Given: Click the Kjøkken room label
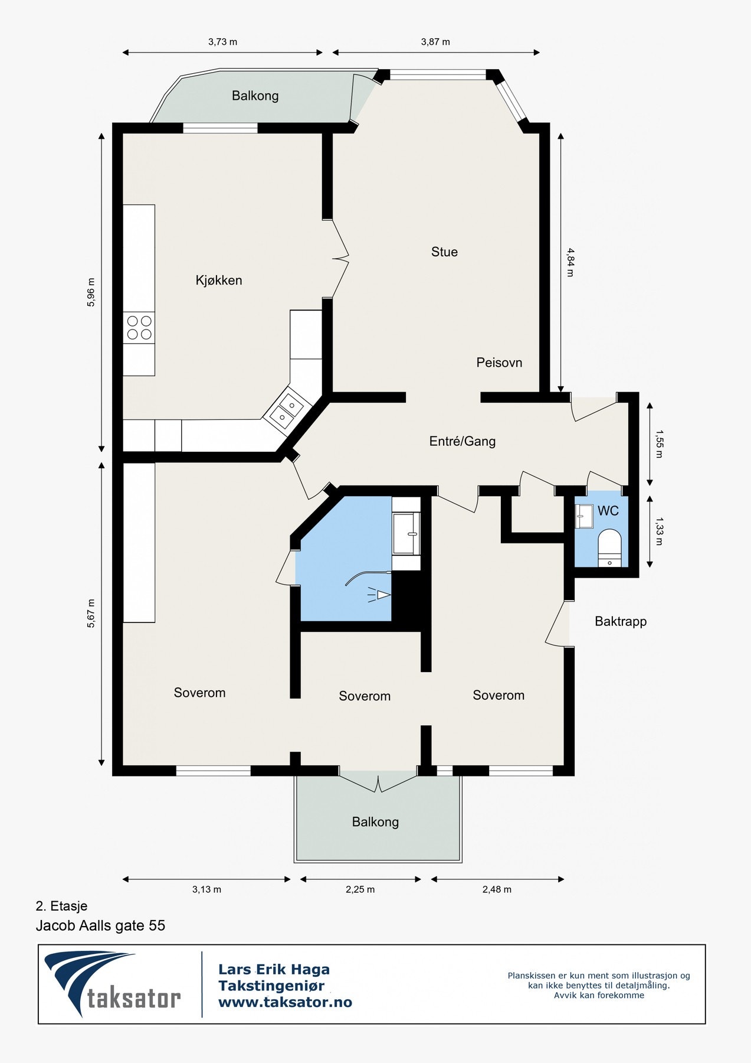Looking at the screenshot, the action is (219, 281).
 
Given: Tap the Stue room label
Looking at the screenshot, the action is (444, 252).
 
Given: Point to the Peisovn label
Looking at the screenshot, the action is (499, 363).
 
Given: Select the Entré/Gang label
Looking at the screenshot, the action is (463, 441).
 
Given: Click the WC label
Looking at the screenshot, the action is (608, 511).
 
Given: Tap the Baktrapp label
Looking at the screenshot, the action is (621, 621).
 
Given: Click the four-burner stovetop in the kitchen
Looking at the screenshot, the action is (139, 328).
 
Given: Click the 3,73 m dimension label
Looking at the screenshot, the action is (222, 42).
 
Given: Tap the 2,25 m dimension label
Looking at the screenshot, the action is (360, 889).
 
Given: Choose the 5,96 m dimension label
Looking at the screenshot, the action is (91, 292).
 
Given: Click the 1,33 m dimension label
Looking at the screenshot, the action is (659, 531).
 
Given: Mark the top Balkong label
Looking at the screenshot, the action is (255, 96).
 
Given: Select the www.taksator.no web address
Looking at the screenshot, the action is (285, 1002).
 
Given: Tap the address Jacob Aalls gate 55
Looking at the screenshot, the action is (100, 925).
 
